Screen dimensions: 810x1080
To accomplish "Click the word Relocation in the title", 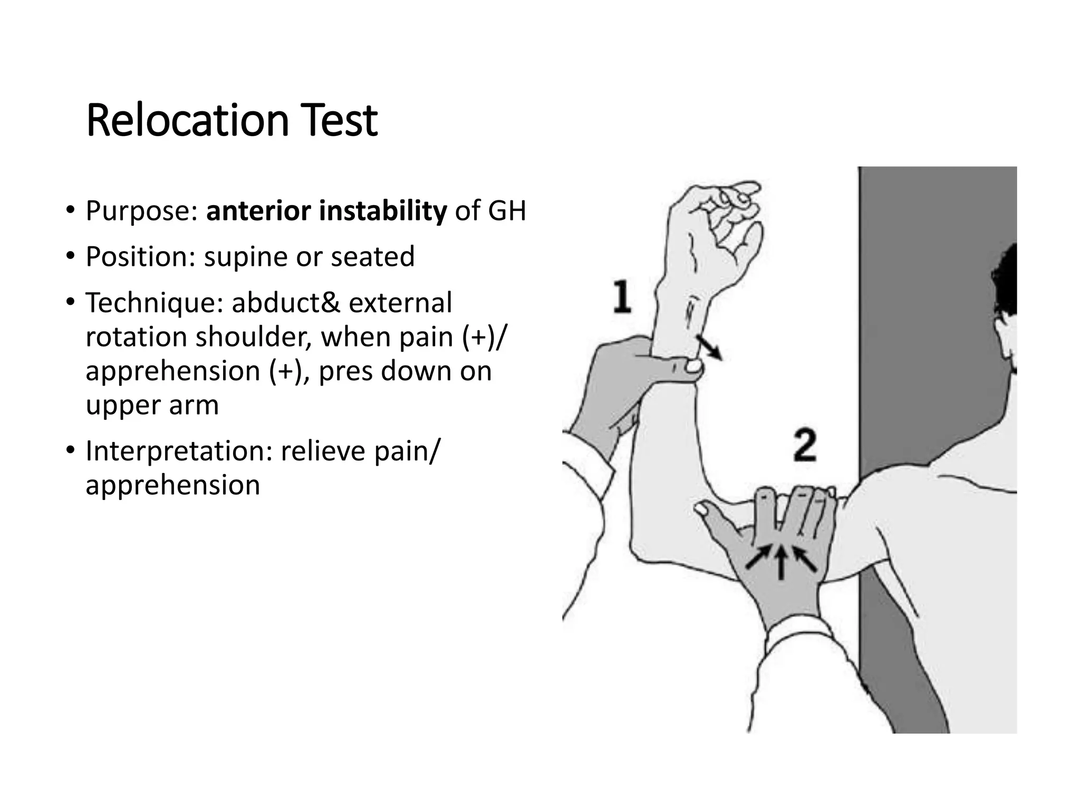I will pos(187,121).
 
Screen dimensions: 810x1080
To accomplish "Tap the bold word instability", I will pos(383,211).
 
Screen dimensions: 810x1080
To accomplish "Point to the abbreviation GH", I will pos(507,211).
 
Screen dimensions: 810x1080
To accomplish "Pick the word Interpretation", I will pos(179,451).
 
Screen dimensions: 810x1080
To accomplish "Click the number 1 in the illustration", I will pos(622,297).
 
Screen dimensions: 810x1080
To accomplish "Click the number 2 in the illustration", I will pos(805,446).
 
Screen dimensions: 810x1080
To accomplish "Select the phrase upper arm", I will pos(152,406).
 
